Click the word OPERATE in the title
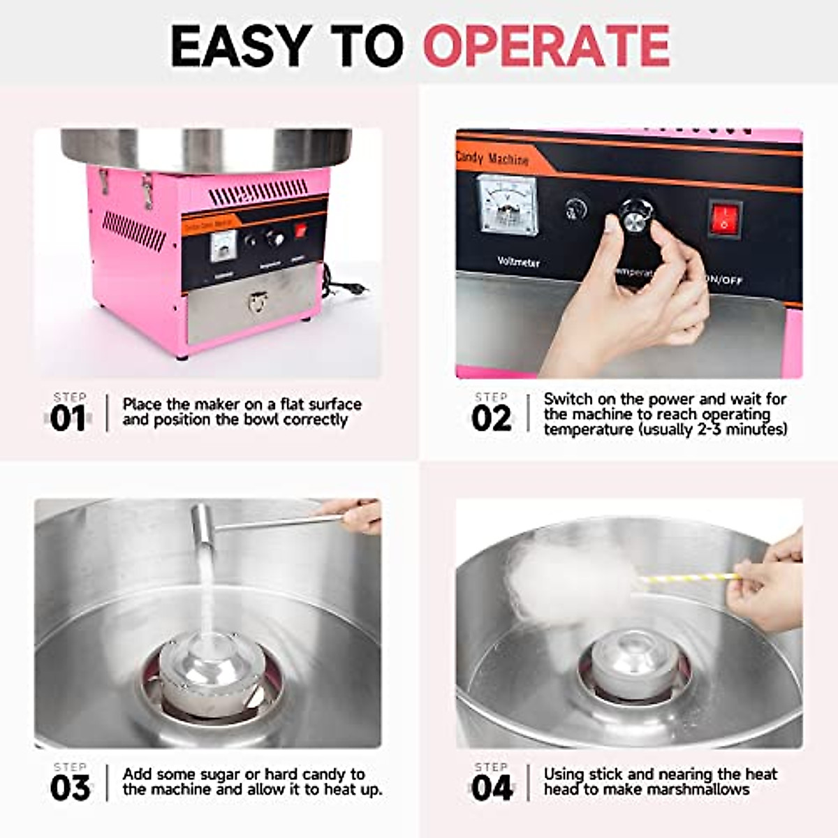pyautogui.click(x=546, y=46)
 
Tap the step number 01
pyautogui.click(x=68, y=419)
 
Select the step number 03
pyautogui.click(x=70, y=788)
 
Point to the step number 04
pyautogui.click(x=492, y=788)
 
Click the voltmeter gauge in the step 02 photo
pyautogui.click(x=506, y=204)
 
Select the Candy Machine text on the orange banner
pyautogui.click(x=492, y=159)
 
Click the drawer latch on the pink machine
pyautogui.click(x=258, y=302)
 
